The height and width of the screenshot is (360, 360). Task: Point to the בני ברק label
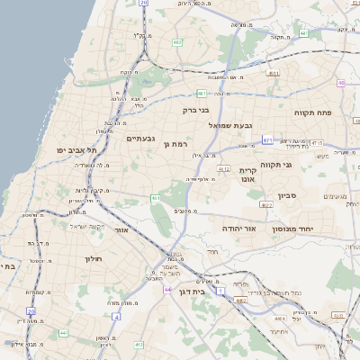point(195,111)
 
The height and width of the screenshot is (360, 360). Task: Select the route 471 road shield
point(267,139)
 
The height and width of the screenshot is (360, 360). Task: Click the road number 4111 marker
point(273,74)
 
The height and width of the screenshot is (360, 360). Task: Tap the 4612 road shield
point(224,168)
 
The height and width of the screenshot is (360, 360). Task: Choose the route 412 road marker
point(138,345)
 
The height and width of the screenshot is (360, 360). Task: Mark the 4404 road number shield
point(283,319)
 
